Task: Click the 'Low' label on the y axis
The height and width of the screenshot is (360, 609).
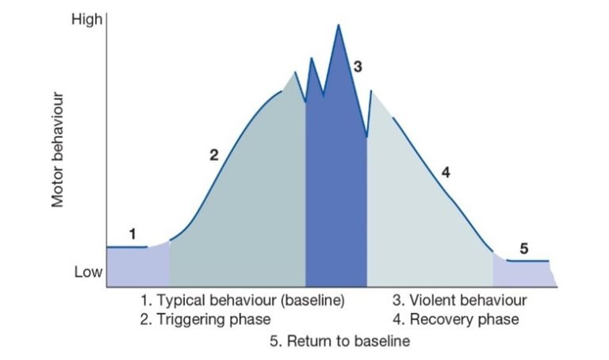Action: (88, 273)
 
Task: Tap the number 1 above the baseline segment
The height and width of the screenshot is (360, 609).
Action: (132, 234)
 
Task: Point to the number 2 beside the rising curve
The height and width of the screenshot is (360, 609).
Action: (213, 155)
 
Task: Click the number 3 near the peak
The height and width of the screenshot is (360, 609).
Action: (358, 67)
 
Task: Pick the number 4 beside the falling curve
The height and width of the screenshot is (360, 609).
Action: (446, 172)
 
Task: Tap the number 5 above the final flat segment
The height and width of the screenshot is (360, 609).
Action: (524, 248)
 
